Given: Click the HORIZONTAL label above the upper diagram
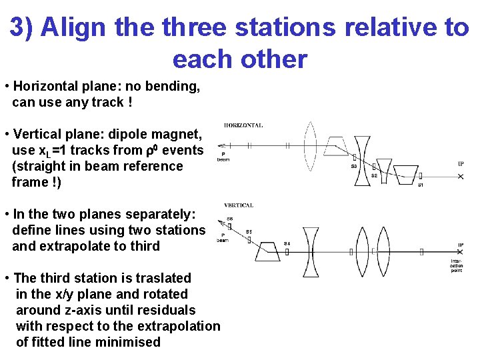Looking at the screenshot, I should [x=243, y=125].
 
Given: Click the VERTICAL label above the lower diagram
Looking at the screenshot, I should [x=238, y=205].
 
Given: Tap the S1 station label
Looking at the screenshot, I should [x=420, y=185].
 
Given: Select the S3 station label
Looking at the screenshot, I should [x=353, y=167].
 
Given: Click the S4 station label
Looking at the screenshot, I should [x=287, y=243].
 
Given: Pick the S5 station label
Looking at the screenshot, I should [x=249, y=231].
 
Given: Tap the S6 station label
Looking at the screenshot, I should [x=229, y=219].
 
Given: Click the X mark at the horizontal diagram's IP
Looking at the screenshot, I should [x=461, y=176].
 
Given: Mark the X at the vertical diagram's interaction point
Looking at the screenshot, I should [x=461, y=253].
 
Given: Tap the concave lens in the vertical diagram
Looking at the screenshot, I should [x=311, y=252].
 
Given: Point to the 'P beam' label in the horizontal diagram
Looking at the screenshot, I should [x=223, y=157].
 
